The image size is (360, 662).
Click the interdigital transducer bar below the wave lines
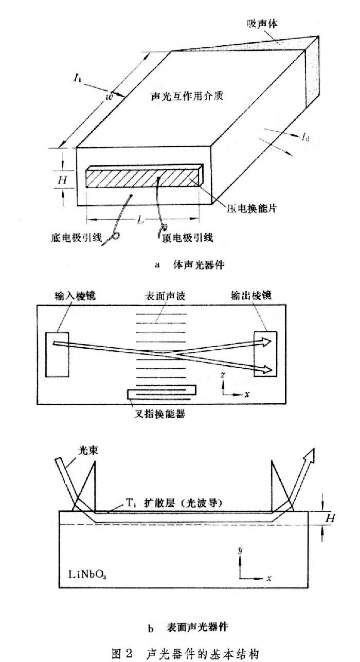(x=161, y=393)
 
